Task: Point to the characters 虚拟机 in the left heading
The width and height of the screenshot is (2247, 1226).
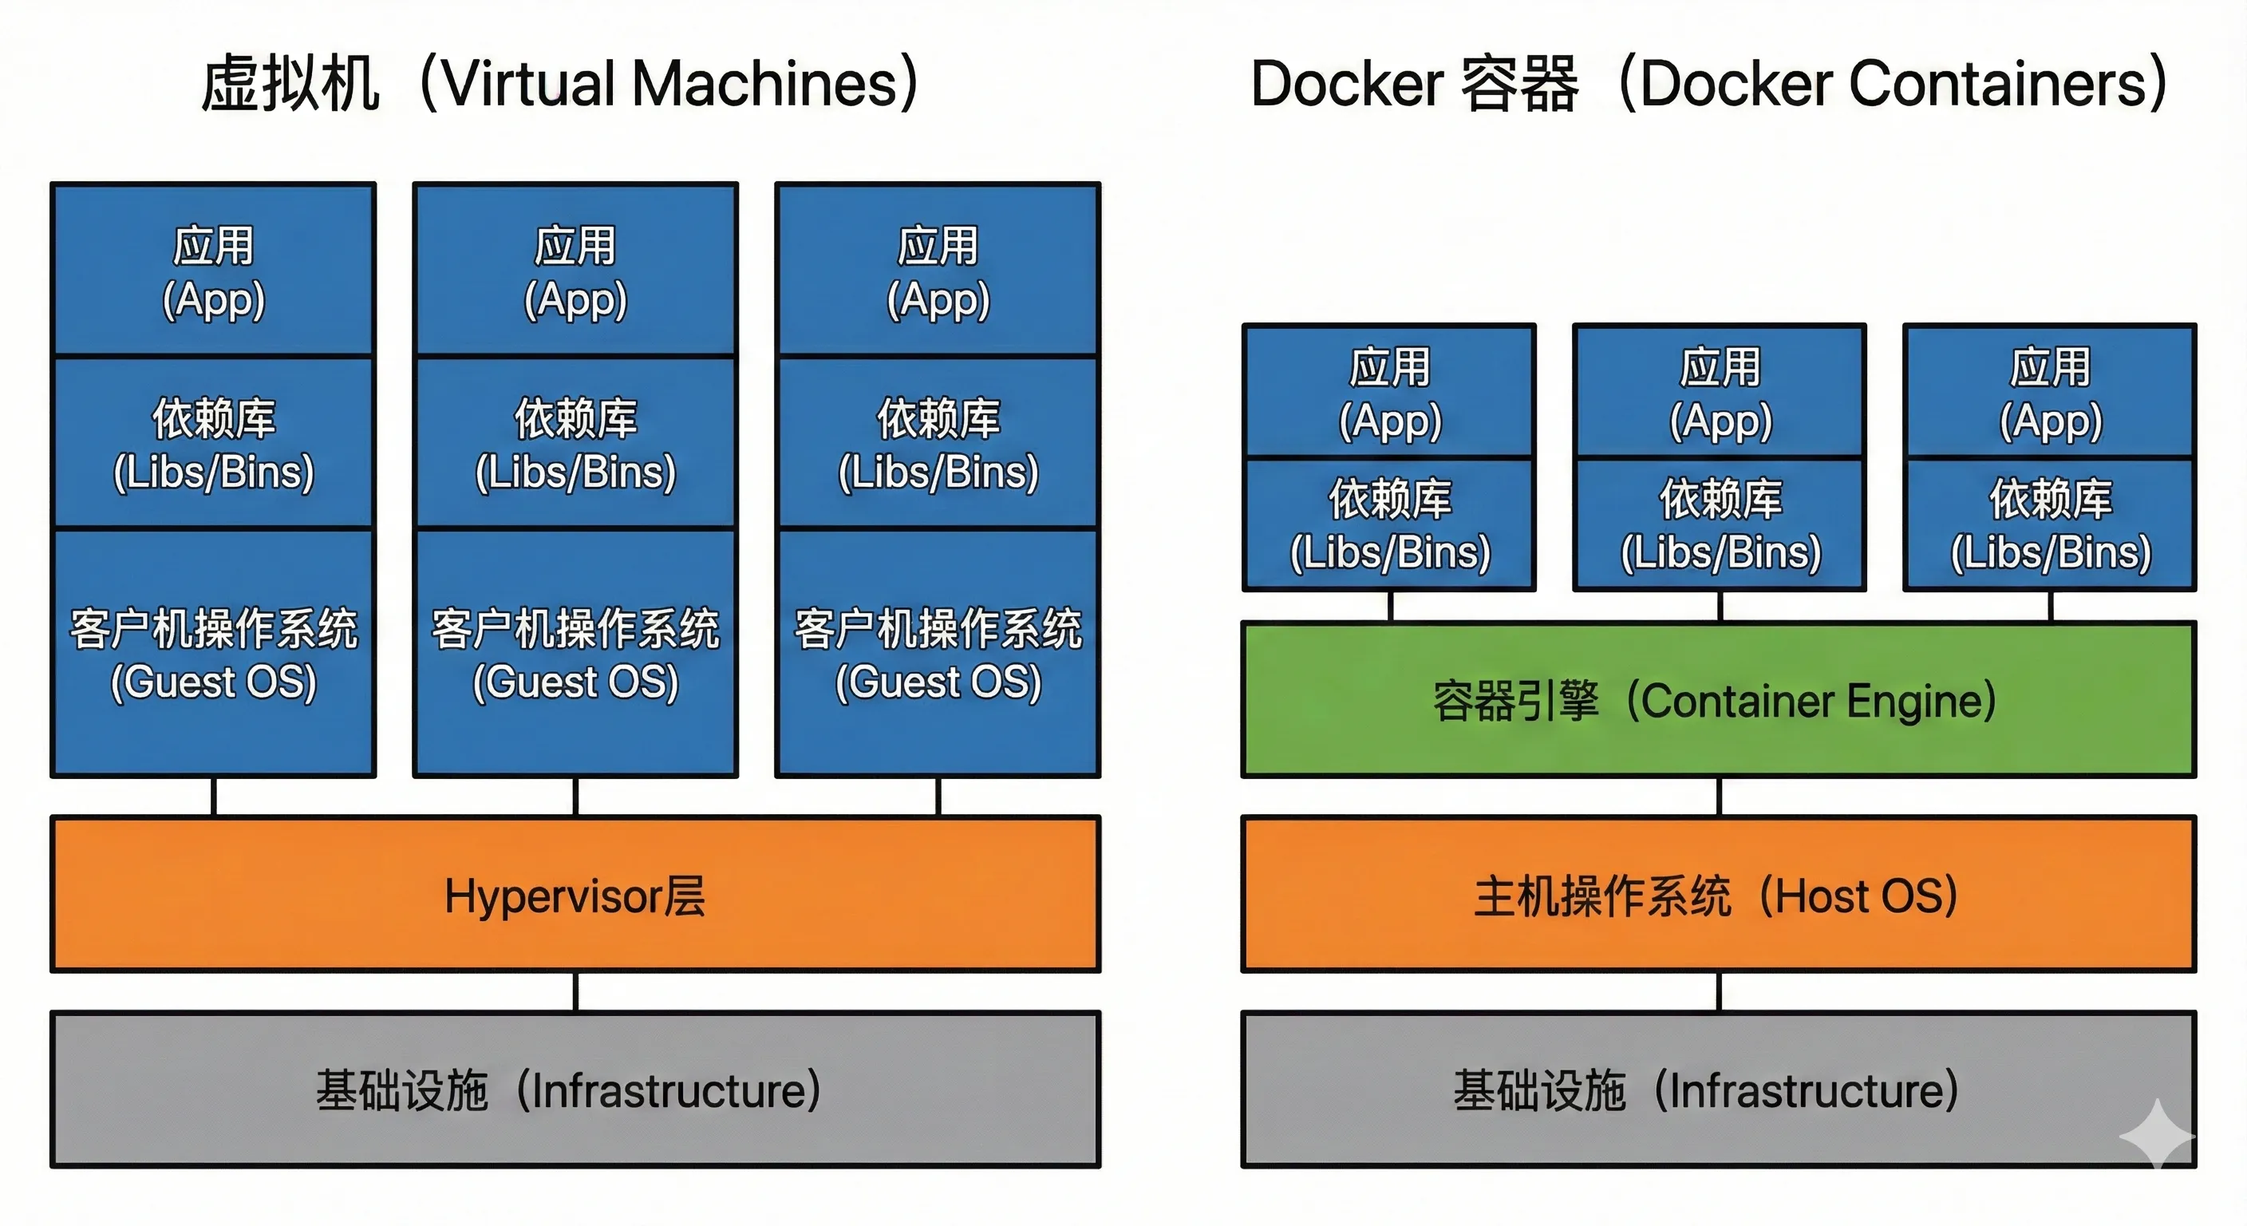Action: [290, 84]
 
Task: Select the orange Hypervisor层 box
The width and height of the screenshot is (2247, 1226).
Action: [575, 895]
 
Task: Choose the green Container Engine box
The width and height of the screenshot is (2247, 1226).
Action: [1719, 700]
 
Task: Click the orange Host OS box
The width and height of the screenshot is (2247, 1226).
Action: [1719, 895]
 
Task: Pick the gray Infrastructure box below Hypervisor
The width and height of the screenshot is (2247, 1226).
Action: [575, 1090]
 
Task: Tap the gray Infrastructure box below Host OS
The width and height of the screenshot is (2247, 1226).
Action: [1719, 1090]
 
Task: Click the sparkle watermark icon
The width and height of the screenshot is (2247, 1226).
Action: [2156, 1134]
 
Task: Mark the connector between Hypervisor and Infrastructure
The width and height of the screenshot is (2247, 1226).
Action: [575, 992]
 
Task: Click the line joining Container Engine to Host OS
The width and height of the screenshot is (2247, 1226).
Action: [1720, 797]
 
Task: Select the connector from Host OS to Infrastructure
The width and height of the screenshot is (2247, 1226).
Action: [1720, 992]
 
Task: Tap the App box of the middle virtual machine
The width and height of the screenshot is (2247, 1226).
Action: [575, 271]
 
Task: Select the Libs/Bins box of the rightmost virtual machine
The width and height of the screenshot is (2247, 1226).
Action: [938, 443]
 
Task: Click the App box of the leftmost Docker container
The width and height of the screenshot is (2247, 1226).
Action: [1389, 392]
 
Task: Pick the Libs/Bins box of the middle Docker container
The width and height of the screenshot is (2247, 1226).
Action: [1720, 524]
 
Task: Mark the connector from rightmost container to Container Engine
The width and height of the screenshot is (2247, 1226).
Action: [2051, 607]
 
